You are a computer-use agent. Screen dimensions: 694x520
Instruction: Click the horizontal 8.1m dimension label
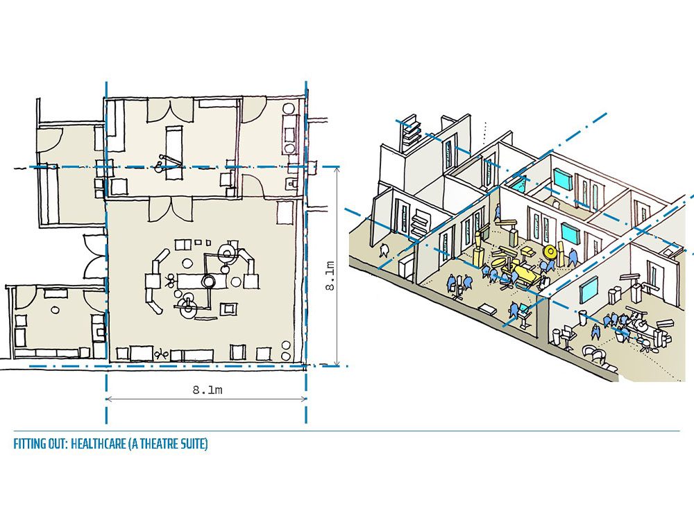[207, 390]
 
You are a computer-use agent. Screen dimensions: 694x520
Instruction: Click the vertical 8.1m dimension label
[330, 276]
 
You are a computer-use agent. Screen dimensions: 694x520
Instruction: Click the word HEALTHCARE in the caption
[99, 444]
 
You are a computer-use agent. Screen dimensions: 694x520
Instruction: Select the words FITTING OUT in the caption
[40, 444]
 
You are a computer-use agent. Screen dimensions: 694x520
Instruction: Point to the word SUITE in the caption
[193, 444]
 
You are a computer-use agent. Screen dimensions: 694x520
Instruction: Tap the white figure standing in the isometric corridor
[383, 250]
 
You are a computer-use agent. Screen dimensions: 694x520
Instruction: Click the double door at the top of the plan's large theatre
[171, 209]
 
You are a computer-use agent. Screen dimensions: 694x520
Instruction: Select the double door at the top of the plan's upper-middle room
[171, 110]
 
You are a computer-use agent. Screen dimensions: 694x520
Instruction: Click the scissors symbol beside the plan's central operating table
[169, 280]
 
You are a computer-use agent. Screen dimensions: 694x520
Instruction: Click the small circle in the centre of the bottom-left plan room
[55, 310]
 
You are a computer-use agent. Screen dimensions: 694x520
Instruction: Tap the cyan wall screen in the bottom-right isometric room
[589, 287]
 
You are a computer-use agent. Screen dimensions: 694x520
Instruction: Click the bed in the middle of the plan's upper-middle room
[173, 152]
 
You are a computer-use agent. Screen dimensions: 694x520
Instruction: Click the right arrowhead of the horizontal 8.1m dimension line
[304, 399]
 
